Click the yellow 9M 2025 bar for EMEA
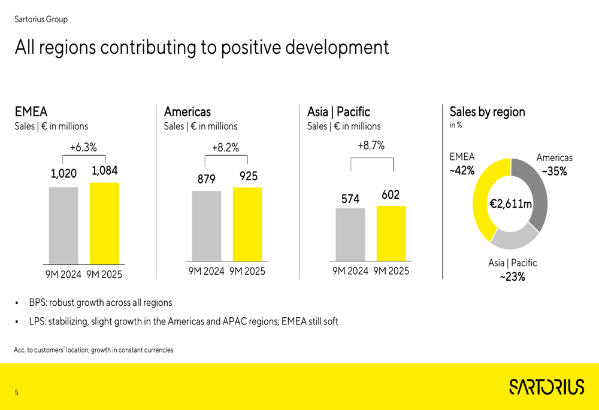pyautogui.click(x=104, y=223)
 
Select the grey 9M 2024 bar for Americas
pyautogui.click(x=207, y=226)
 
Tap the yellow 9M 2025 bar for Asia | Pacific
pyautogui.click(x=391, y=233)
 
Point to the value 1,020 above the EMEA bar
pyautogui.click(x=63, y=174)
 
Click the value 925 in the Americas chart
pyautogui.click(x=249, y=176)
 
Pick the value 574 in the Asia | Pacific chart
pyautogui.click(x=350, y=199)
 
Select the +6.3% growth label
pyautogui.click(x=83, y=147)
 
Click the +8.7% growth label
pyautogui.click(x=371, y=145)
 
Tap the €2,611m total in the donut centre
pyautogui.click(x=510, y=204)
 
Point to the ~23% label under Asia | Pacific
pyautogui.click(x=512, y=277)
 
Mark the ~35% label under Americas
pyautogui.click(x=554, y=171)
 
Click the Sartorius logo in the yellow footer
pyautogui.click(x=546, y=387)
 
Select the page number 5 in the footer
pyautogui.click(x=17, y=393)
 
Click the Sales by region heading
pyautogui.click(x=487, y=112)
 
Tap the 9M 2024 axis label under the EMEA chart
pyautogui.click(x=63, y=275)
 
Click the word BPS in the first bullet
pyautogui.click(x=37, y=303)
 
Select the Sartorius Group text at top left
pyautogui.click(x=41, y=19)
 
